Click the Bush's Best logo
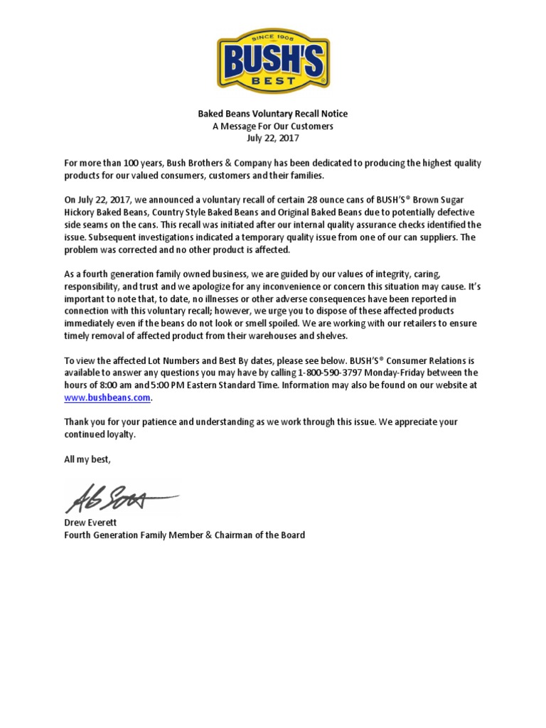click(273, 61)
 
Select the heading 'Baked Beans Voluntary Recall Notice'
click(273, 114)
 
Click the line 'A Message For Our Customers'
click(273, 126)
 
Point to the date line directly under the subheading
click(273, 138)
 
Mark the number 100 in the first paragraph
click(124, 164)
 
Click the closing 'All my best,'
click(88, 459)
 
